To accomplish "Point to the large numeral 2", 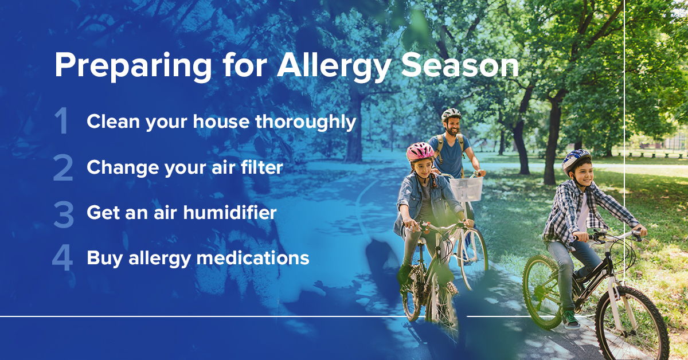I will [62, 168].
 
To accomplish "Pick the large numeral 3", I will [62, 213].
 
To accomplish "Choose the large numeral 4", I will [62, 259].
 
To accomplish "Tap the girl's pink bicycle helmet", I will [420, 151].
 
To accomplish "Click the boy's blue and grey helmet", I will [576, 161].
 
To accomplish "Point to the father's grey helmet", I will [451, 114].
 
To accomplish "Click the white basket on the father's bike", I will [466, 189].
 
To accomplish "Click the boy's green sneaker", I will [570, 319].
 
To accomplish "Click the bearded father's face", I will [454, 126].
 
